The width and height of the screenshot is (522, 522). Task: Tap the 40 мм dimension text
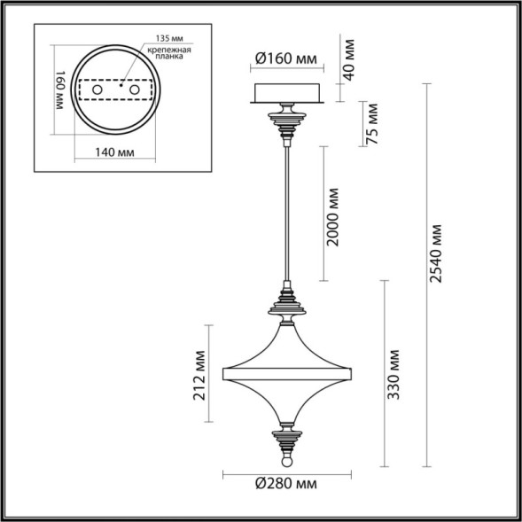click(348, 58)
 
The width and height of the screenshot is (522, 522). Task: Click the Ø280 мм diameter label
click(285, 485)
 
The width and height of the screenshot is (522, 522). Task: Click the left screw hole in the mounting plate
click(98, 90)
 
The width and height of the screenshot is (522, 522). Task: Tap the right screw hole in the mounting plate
click(135, 90)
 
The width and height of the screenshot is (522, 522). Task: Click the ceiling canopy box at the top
click(285, 91)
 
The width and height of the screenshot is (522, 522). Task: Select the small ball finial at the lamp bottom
click(285, 462)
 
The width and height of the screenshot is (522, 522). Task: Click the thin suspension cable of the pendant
click(285, 213)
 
